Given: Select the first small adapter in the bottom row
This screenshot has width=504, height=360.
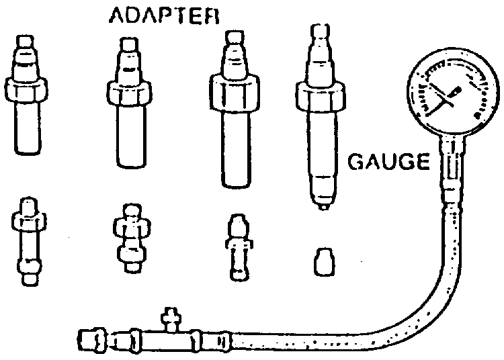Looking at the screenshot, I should (x=28, y=242).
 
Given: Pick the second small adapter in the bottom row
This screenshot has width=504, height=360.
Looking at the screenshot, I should (x=129, y=238).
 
